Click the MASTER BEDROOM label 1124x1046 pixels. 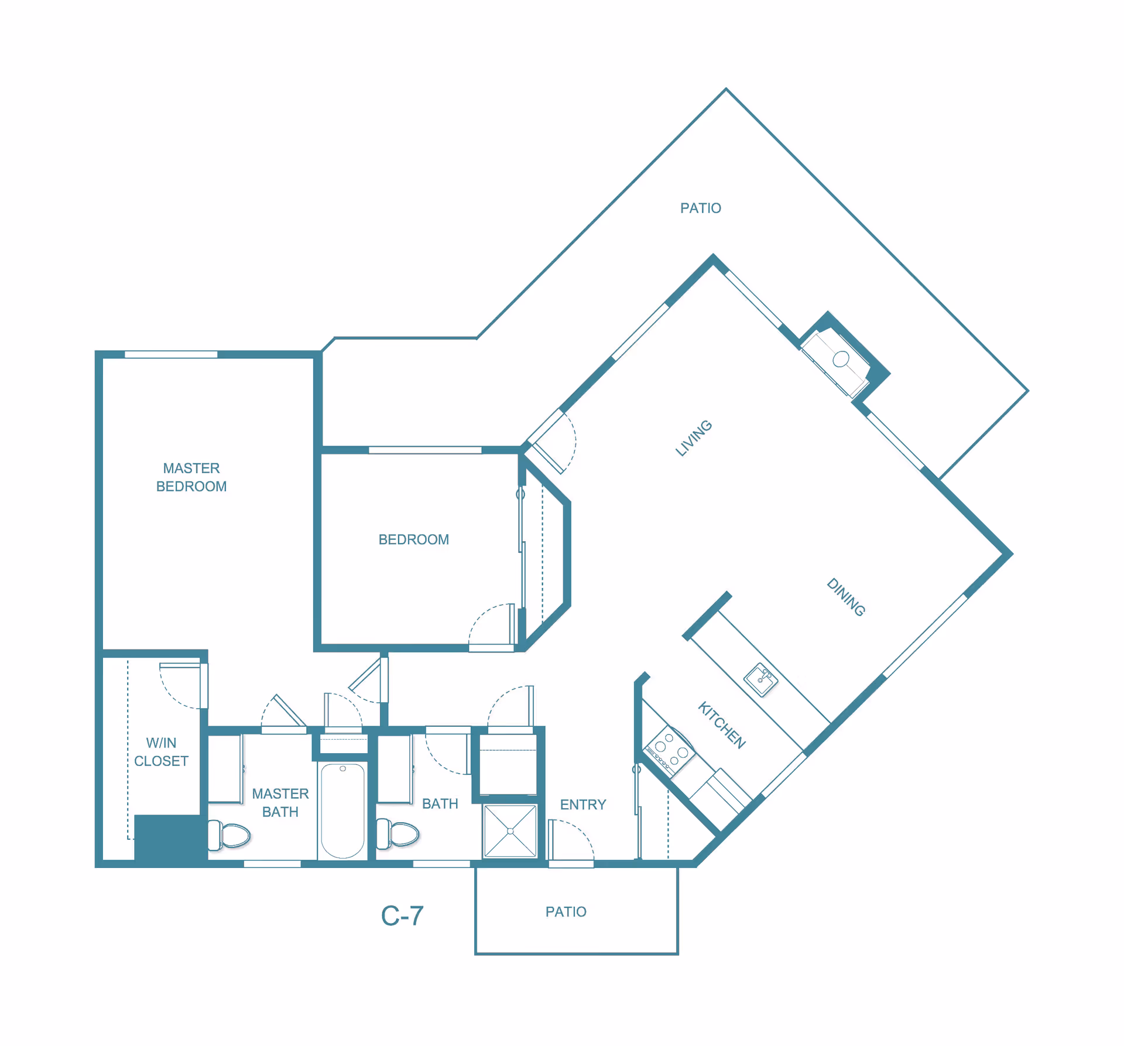click(x=191, y=477)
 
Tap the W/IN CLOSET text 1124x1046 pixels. click(x=161, y=751)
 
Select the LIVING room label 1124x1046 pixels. click(x=694, y=437)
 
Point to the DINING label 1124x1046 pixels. click(x=846, y=597)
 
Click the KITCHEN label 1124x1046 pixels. click(x=722, y=725)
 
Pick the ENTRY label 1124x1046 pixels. click(x=583, y=805)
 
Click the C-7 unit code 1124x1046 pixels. click(x=402, y=916)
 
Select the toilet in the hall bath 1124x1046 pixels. click(x=397, y=833)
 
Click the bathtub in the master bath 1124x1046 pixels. click(x=342, y=811)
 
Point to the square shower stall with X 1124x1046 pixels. click(x=510, y=831)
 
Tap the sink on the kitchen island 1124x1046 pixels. click(x=760, y=679)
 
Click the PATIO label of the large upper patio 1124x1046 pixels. click(x=701, y=208)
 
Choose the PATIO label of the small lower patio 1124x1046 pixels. click(x=566, y=912)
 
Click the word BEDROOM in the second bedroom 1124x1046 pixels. click(x=414, y=539)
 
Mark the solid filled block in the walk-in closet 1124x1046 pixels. click(x=171, y=838)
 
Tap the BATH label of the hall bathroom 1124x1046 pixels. click(x=440, y=804)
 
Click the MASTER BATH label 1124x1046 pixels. click(x=280, y=802)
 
